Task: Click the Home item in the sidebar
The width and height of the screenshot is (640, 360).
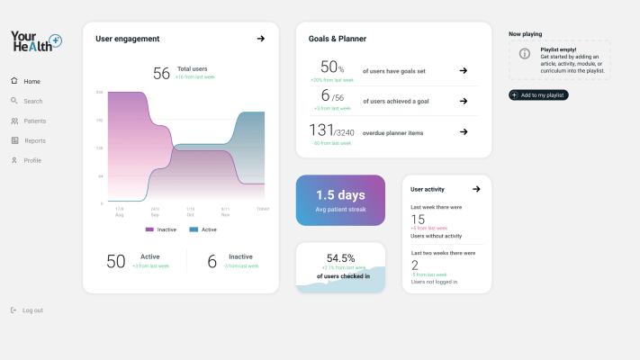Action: coord(31,81)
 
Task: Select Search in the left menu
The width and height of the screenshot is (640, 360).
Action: coord(32,101)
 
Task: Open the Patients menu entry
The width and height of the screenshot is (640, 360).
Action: coord(34,121)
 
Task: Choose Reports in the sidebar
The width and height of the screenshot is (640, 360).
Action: coord(34,140)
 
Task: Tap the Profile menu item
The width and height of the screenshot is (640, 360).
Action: coord(32,160)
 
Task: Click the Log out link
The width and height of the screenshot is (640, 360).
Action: coord(32,310)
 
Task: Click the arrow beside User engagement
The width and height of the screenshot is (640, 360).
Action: coord(260,39)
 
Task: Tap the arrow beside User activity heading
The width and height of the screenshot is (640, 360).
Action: coord(476,189)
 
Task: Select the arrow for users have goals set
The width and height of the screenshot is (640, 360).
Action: coord(463,70)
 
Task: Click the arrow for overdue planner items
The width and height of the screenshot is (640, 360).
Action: coord(463,131)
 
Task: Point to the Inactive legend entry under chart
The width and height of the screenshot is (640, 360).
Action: coord(161,229)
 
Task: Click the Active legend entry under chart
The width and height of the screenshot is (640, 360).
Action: coord(203,229)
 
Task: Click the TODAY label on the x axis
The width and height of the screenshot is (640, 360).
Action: coord(262,209)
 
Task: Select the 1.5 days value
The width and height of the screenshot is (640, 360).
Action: coord(340,194)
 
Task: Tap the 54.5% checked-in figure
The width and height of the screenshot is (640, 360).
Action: coord(340,257)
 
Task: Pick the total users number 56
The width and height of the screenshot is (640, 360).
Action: coord(161,74)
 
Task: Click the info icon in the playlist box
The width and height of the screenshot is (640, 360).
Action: coord(525,54)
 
